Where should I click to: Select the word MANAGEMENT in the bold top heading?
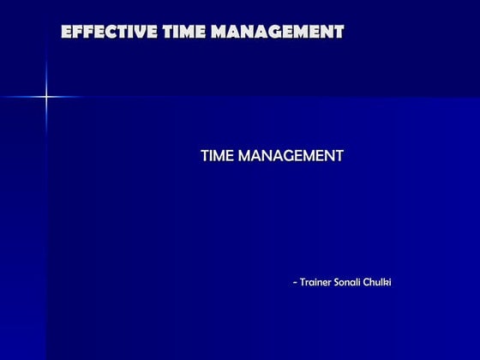pos(278,33)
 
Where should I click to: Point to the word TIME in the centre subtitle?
pos(217,155)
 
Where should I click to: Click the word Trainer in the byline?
pos(320,283)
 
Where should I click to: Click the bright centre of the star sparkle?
pos(46,97)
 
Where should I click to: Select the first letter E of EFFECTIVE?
pos(67,33)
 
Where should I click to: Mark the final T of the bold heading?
pos(339,33)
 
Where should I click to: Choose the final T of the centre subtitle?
pos(339,155)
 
